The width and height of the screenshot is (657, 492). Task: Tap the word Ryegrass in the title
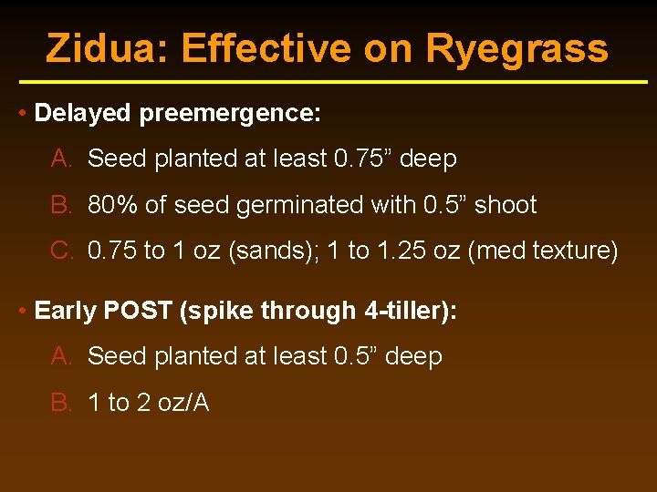coord(516,48)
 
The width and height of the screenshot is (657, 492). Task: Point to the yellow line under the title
coord(328,82)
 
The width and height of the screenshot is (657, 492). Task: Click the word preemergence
coord(230,113)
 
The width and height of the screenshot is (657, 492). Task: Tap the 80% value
coord(113,205)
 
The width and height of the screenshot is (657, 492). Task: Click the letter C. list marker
coord(62,251)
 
